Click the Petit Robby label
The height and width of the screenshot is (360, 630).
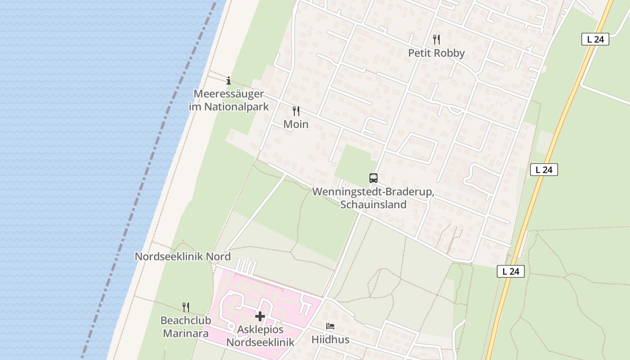[436, 53]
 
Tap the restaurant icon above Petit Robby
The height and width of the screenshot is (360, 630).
[436, 39]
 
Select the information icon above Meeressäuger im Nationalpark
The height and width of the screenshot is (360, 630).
[229, 81]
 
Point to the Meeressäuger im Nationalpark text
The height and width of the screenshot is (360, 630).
[229, 100]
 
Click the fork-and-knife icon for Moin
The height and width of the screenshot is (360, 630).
[296, 111]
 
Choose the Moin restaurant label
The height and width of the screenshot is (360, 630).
[296, 124]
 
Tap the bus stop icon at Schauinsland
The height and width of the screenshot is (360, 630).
[373, 178]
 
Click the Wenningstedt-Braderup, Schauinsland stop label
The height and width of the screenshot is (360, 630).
[373, 198]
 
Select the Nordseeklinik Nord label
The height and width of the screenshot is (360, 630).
[183, 256]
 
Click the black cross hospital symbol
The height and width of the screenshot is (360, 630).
[260, 316]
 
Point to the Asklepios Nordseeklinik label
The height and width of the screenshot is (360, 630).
[260, 335]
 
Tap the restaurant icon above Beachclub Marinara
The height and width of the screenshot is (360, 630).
[185, 307]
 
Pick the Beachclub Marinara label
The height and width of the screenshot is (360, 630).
[185, 327]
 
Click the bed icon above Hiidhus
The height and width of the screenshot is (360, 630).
[330, 326]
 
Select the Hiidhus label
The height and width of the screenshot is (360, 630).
[330, 339]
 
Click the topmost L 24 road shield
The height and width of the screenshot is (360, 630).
[595, 39]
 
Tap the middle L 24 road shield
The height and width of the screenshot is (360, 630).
[544, 170]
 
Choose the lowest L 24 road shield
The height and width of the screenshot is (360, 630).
[511, 271]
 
